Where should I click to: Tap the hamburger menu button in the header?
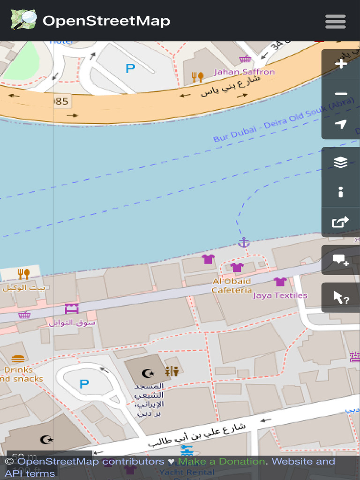click(x=335, y=22)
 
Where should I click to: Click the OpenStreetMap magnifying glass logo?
click(x=23, y=20)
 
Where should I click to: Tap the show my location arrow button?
click(x=341, y=124)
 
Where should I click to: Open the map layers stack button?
click(x=341, y=162)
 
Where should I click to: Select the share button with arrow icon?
click(x=341, y=222)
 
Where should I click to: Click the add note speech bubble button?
click(x=341, y=260)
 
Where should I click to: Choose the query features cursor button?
click(x=341, y=297)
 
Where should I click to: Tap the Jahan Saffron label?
click(x=244, y=72)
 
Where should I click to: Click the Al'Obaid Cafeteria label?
click(x=232, y=285)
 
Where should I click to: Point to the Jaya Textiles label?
click(x=280, y=295)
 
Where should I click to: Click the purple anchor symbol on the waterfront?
click(x=243, y=242)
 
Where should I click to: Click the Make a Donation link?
click(x=221, y=461)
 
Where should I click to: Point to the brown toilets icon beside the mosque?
click(x=172, y=371)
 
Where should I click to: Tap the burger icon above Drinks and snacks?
click(x=18, y=359)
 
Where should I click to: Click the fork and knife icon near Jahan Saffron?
click(x=197, y=77)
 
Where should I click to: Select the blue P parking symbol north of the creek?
click(x=130, y=68)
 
